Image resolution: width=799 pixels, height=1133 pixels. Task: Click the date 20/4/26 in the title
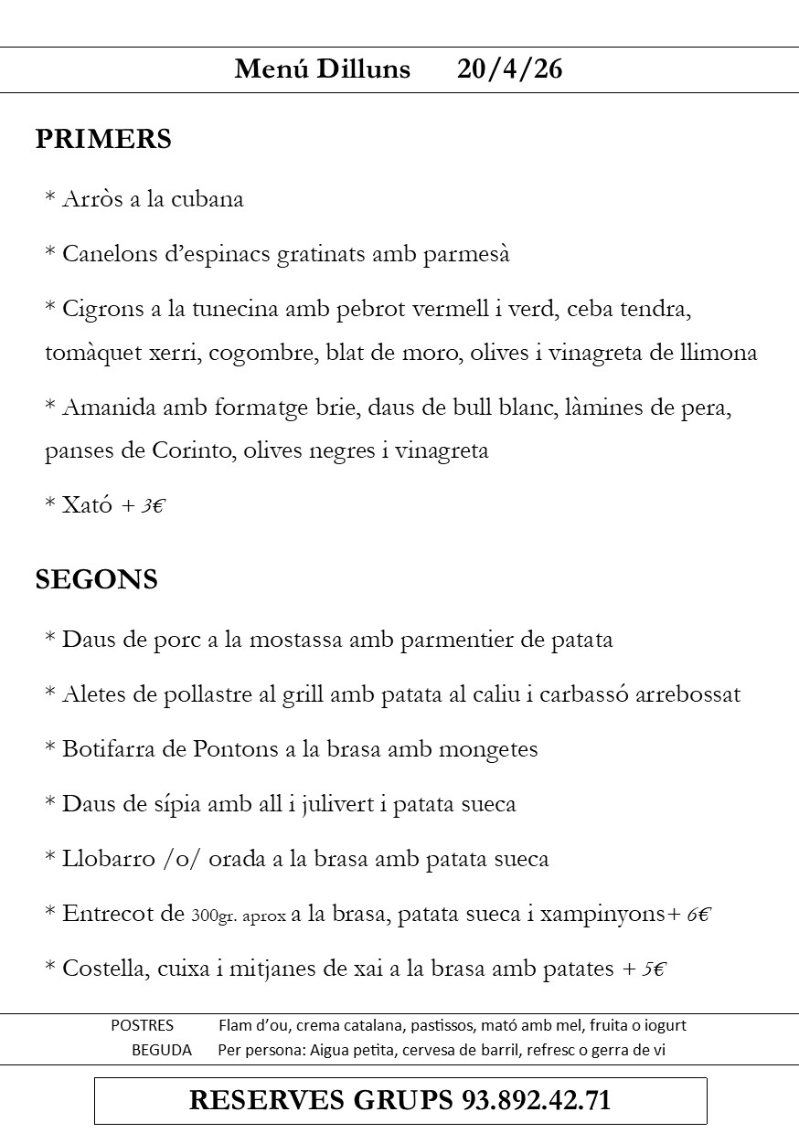click(x=509, y=69)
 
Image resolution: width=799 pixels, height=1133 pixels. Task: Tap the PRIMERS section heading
click(x=103, y=139)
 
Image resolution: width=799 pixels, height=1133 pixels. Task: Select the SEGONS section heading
click(x=96, y=579)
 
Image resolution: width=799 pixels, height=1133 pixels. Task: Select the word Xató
click(x=88, y=505)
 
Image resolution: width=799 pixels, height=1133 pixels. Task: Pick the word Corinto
click(x=195, y=450)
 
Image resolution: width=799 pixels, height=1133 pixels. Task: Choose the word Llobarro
click(x=100, y=859)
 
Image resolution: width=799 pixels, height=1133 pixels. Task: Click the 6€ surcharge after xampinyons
click(x=699, y=915)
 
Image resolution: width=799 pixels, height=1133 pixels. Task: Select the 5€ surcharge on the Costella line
click(x=653, y=969)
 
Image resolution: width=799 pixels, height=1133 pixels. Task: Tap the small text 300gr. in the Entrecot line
click(x=215, y=916)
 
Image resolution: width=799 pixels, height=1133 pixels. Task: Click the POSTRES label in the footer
click(x=142, y=1025)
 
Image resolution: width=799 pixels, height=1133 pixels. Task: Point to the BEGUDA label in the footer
click(x=162, y=1050)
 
